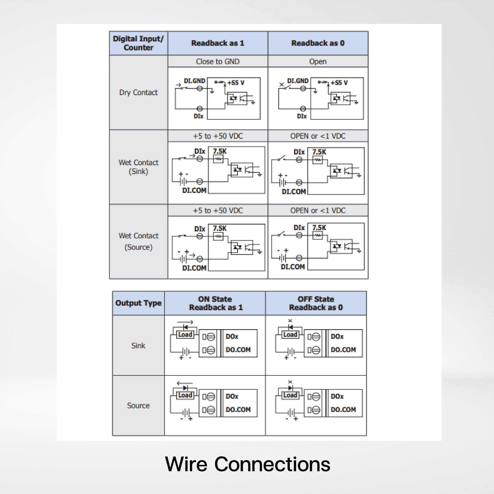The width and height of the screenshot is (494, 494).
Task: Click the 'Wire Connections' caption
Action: click(x=248, y=464)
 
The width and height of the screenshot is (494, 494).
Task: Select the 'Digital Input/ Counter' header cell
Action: click(x=138, y=43)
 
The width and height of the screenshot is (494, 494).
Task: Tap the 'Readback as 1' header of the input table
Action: click(x=218, y=43)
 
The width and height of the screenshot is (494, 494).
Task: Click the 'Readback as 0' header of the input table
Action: click(x=318, y=43)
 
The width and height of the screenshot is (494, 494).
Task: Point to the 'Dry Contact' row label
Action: click(x=138, y=92)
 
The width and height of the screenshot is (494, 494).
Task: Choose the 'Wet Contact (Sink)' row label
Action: click(x=138, y=167)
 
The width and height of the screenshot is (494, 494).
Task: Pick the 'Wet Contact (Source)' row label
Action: click(x=138, y=241)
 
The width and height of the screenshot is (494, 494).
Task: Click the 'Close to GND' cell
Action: click(x=218, y=61)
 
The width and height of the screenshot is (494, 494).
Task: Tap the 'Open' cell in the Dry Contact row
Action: click(x=318, y=61)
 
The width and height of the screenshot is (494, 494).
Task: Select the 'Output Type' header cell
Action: click(x=138, y=303)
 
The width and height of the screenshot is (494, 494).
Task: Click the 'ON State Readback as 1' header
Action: click(x=215, y=303)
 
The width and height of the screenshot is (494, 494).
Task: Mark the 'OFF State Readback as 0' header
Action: click(x=316, y=303)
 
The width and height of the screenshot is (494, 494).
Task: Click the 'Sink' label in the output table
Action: click(x=138, y=345)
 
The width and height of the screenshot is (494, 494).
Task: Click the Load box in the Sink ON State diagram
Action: click(x=185, y=334)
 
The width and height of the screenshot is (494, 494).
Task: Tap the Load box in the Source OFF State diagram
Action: click(x=290, y=395)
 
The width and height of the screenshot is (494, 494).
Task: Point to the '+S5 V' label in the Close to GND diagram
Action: click(x=236, y=83)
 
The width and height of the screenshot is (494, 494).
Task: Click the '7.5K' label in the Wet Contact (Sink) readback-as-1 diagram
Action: click(x=220, y=151)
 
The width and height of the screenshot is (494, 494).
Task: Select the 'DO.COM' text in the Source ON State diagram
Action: click(x=238, y=409)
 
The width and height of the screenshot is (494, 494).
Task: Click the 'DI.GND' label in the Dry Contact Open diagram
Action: click(x=298, y=81)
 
